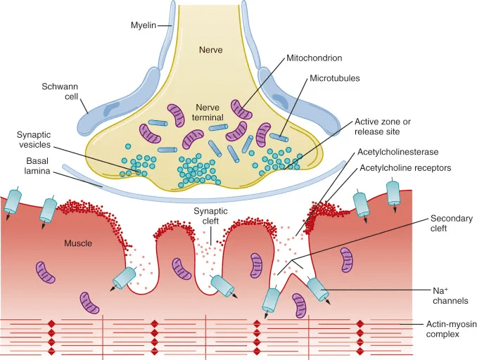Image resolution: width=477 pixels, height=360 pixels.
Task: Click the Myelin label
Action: pos(145,25)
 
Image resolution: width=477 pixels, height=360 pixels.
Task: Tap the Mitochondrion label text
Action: pos(314,58)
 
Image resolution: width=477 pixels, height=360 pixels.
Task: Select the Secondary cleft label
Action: pos(450,224)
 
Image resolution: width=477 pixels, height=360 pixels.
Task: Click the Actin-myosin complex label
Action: pos(443,329)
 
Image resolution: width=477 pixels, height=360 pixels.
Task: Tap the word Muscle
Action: pos(78,244)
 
